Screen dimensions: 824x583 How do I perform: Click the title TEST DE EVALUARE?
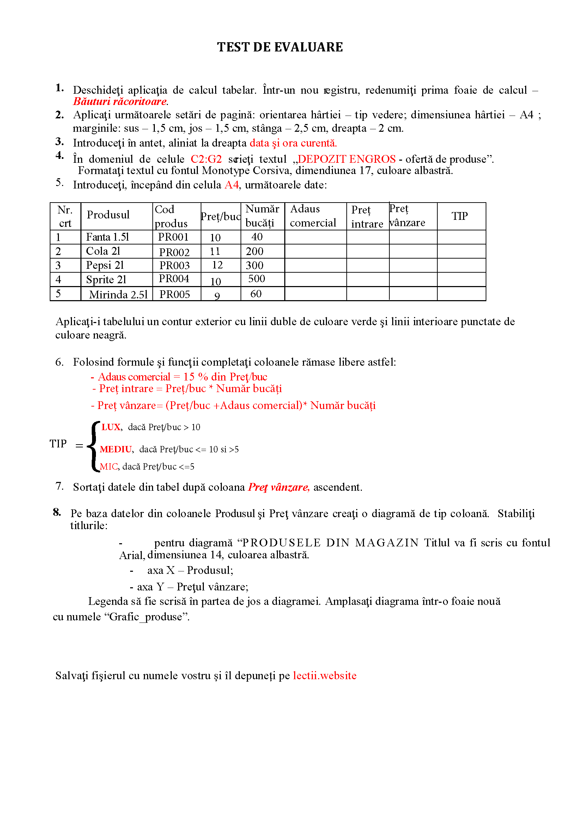[280, 47]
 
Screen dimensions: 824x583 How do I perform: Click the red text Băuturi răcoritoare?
[120, 101]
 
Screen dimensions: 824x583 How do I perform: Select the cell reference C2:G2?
[206, 159]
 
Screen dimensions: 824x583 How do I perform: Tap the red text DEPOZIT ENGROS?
[347, 159]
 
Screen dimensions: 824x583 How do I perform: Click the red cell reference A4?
[232, 185]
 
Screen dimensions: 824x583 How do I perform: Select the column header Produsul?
[108, 215]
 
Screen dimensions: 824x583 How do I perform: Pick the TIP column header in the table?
[460, 216]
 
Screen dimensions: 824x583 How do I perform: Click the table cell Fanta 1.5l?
[108, 237]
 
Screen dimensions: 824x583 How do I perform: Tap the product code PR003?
[175, 266]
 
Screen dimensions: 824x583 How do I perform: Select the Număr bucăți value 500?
[256, 279]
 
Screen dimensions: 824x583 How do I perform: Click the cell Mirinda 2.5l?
[118, 295]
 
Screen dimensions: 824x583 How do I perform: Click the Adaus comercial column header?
[313, 216]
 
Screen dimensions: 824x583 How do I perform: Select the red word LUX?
[111, 427]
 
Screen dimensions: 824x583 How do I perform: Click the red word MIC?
[109, 466]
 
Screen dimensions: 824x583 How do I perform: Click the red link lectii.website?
[325, 675]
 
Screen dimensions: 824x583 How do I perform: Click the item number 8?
[57, 512]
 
